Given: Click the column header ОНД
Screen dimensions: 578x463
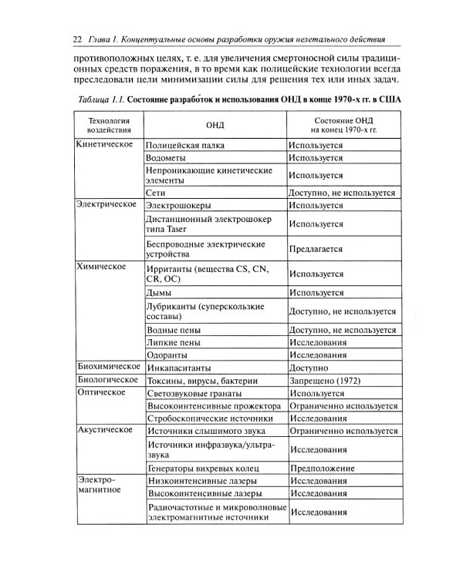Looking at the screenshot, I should [214, 126].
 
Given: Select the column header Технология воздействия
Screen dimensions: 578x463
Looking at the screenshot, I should [107, 126].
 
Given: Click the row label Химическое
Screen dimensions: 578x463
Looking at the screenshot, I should [101, 267].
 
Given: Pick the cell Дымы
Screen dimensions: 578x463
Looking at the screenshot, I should [159, 293].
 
